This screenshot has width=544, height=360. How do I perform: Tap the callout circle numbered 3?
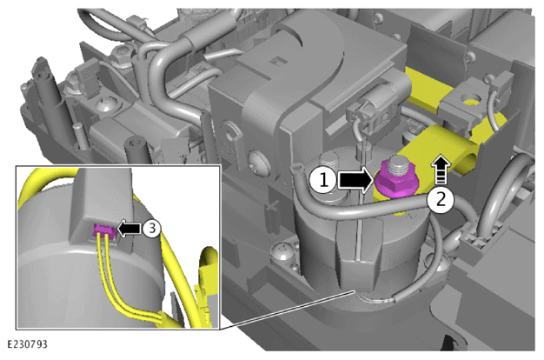coord(151,228)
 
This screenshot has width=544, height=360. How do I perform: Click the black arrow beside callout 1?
coord(355,180)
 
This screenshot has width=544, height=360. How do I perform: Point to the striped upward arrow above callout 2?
coord(441,170)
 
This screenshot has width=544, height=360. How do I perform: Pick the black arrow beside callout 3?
coord(129,229)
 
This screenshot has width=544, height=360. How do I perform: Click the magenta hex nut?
coord(396,181)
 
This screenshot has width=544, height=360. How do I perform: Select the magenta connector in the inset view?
coord(103,230)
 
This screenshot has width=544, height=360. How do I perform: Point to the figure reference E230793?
coord(27,344)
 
